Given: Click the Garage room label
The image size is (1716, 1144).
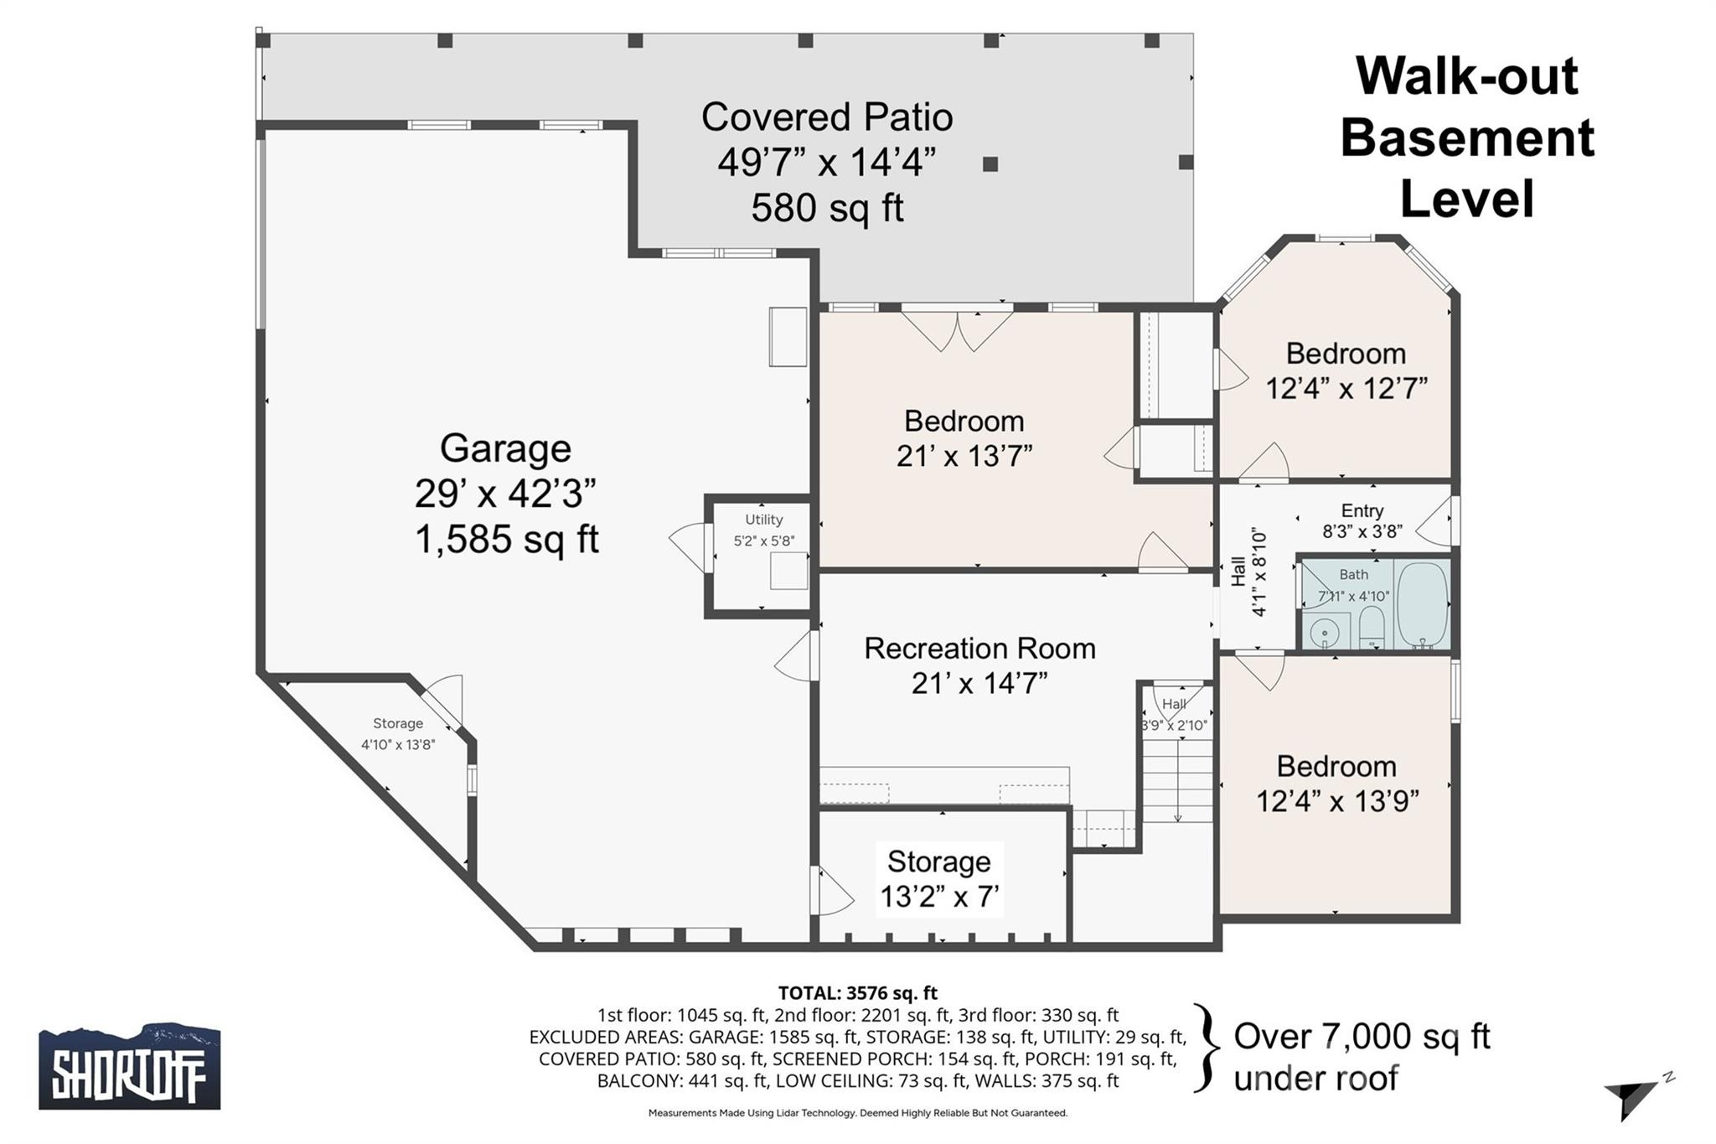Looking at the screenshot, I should [x=505, y=448].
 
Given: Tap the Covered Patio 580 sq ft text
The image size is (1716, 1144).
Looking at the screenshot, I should [x=826, y=207].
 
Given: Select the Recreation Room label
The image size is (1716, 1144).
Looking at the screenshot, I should [x=979, y=648].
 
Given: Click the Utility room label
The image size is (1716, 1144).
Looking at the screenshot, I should [x=763, y=520].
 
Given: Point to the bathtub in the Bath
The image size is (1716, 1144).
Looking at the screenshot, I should [x=1422, y=604].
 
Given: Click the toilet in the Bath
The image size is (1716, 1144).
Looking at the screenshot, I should [x=1372, y=628].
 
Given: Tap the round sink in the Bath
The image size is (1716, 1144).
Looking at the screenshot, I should [x=1324, y=630].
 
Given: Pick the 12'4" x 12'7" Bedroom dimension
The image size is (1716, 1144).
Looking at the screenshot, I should [x=1346, y=389].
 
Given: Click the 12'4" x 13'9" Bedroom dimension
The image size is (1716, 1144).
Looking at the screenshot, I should [x=1336, y=801].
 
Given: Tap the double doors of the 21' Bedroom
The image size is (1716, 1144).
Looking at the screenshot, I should [x=958, y=330].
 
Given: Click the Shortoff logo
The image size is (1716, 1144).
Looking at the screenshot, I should [x=130, y=1066].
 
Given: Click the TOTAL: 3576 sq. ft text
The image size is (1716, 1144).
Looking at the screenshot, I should [x=857, y=993].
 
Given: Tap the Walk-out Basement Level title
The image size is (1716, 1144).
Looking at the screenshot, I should [x=1466, y=137].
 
